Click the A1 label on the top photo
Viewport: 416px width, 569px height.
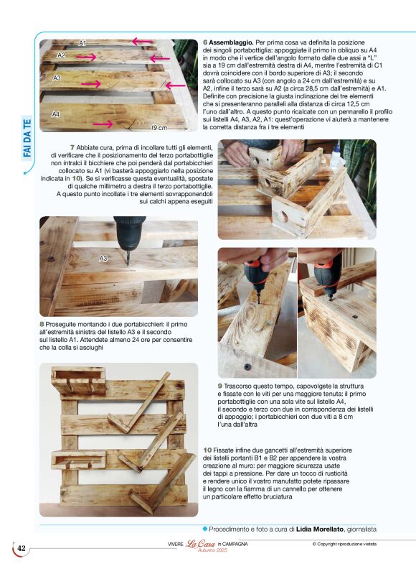point(83,43)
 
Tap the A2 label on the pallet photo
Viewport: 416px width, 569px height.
point(62,55)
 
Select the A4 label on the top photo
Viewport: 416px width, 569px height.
point(56,114)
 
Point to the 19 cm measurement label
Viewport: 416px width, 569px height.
point(159,127)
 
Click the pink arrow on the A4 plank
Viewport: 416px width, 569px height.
point(104,124)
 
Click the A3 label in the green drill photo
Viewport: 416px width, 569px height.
point(103,258)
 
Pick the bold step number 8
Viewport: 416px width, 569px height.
point(42,324)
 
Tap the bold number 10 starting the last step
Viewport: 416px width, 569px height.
point(208,450)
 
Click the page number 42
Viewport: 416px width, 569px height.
point(22,549)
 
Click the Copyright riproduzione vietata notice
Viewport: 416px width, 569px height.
point(349,544)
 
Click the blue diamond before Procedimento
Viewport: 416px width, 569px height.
point(204,529)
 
